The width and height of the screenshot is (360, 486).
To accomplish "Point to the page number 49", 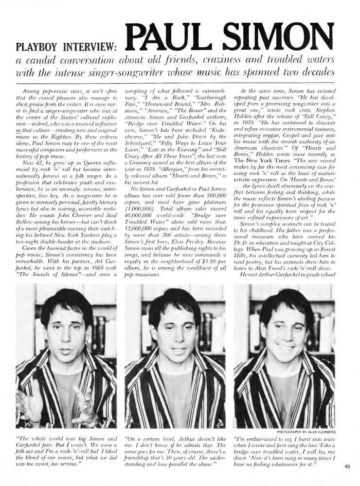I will (x=346, y=468).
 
